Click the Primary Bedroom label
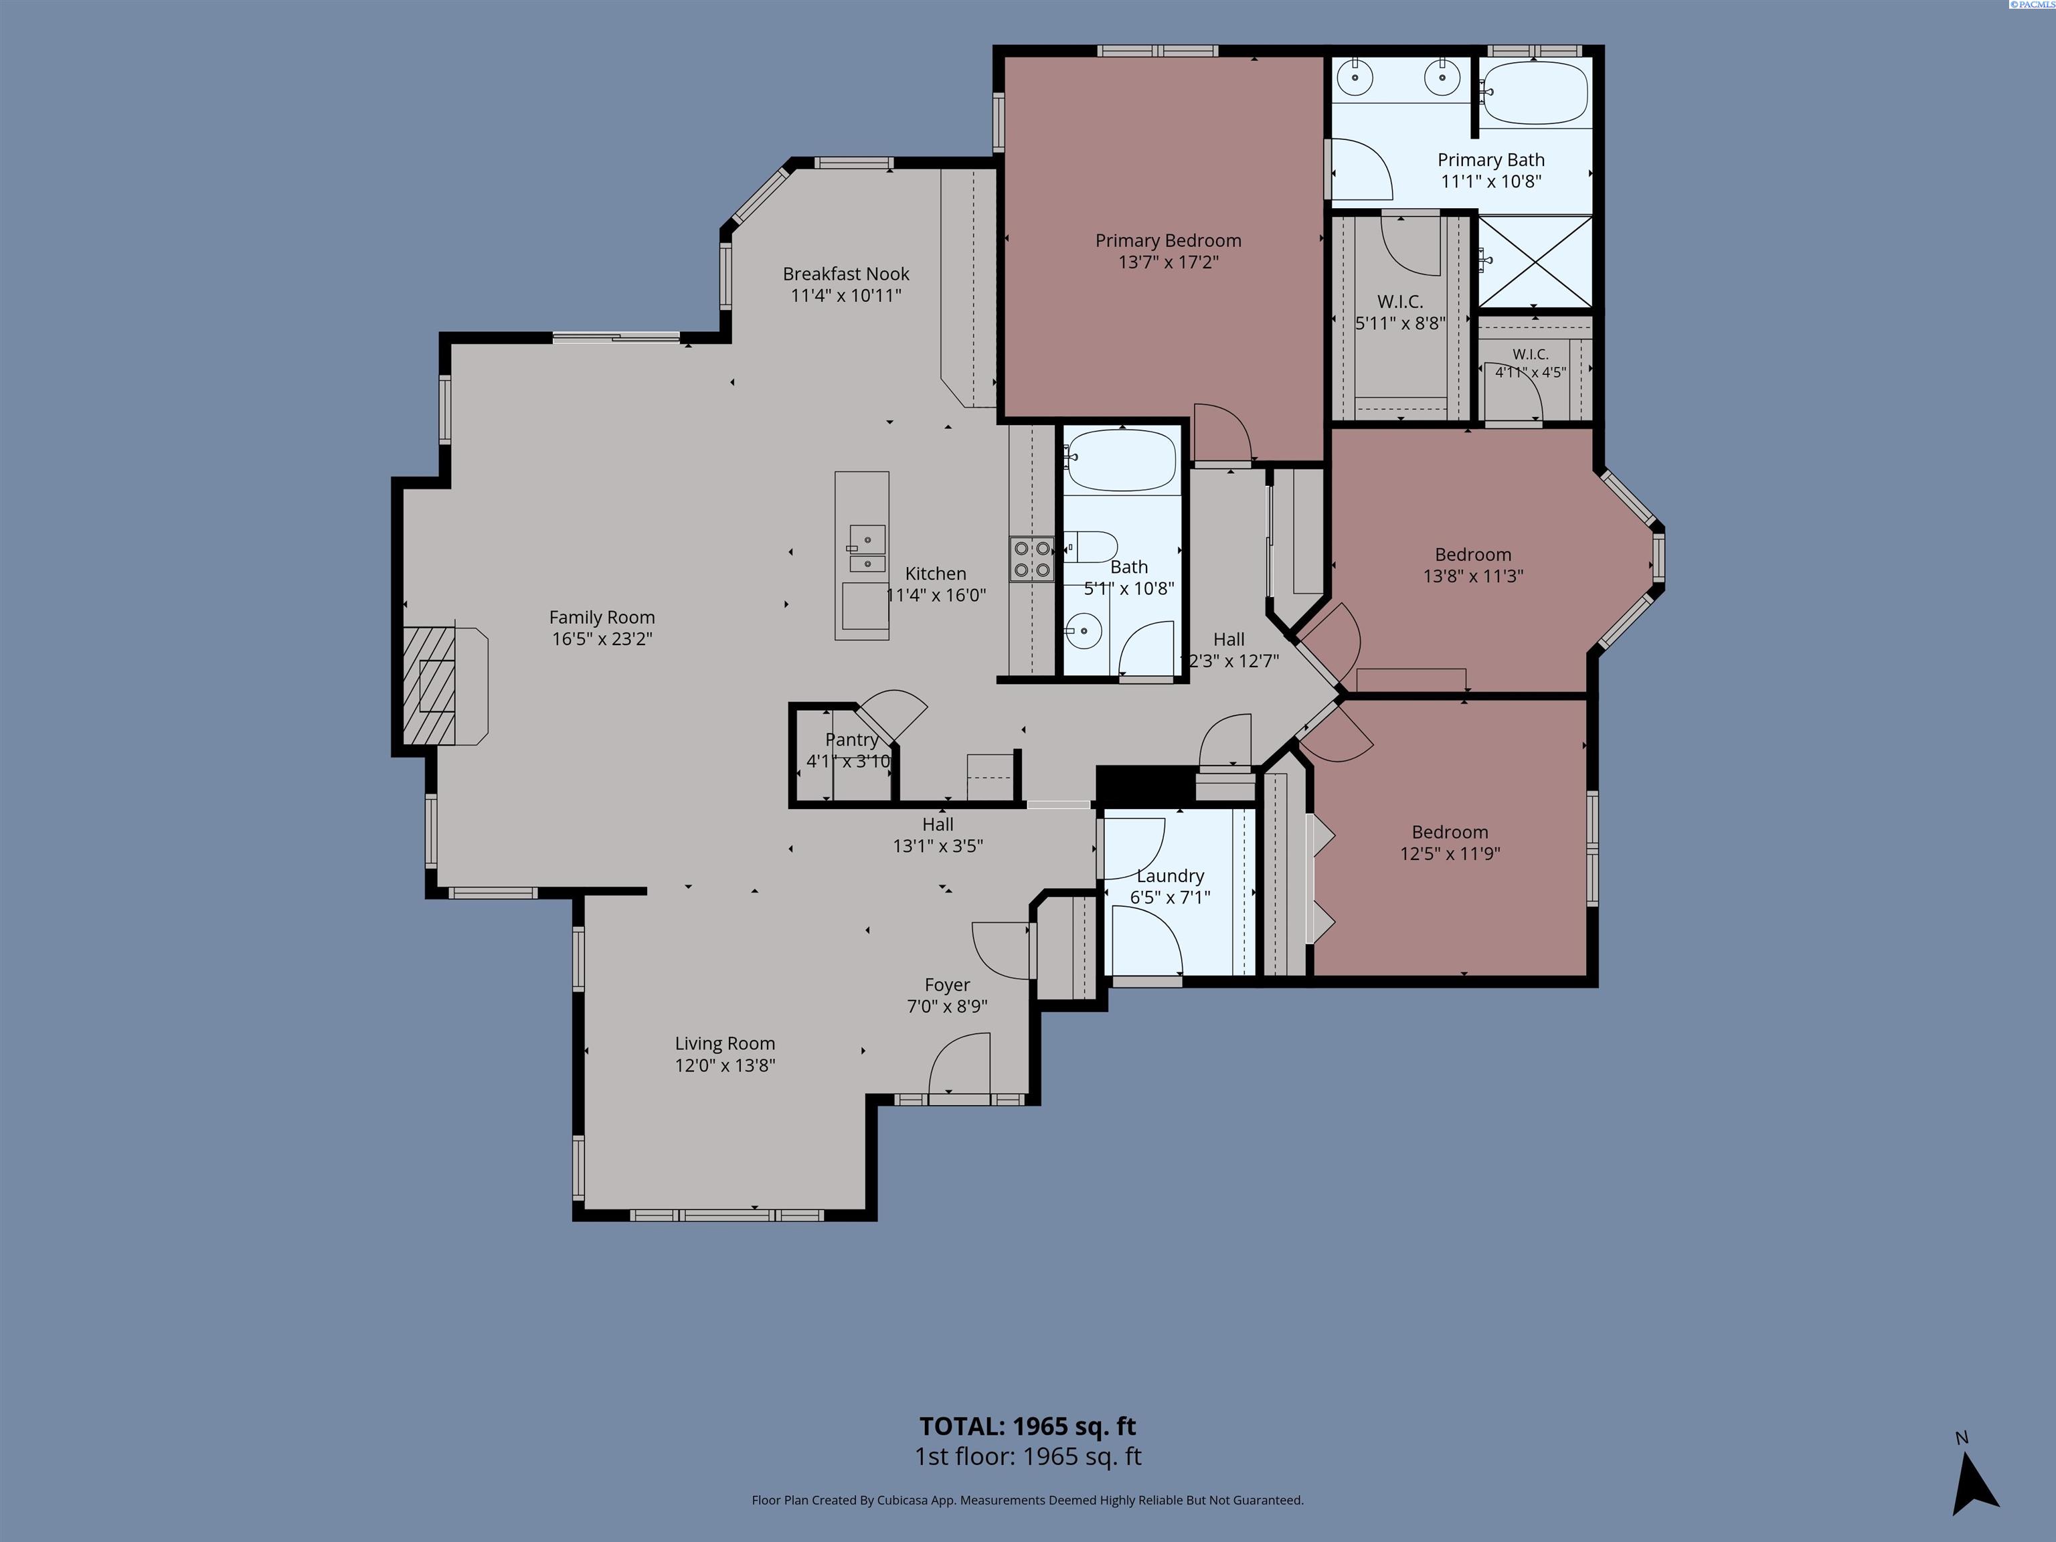point(1169,241)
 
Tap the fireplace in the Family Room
point(445,686)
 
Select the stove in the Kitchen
point(1032,559)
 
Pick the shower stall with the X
point(1535,261)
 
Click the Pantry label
point(851,740)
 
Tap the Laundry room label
point(1170,875)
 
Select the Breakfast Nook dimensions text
point(846,296)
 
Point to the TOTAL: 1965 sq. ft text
point(1028,1427)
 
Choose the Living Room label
point(725,1044)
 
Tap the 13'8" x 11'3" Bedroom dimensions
point(1473,576)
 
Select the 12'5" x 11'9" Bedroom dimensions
point(1450,853)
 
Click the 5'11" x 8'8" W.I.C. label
point(1401,313)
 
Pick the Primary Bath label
point(1491,160)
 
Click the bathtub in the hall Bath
point(1122,459)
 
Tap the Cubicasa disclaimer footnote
point(1028,1501)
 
